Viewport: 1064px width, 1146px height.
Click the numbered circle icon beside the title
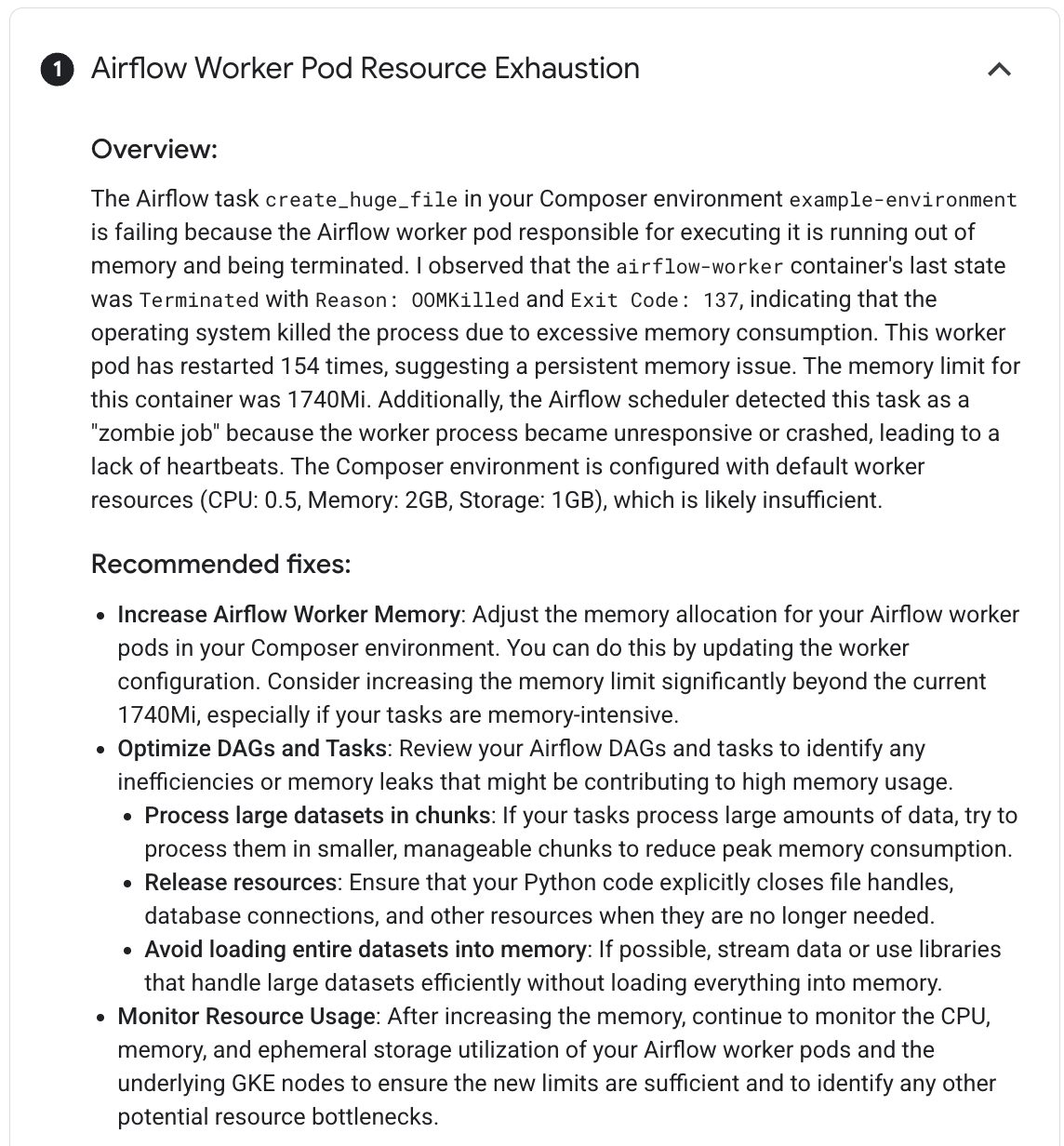[57, 70]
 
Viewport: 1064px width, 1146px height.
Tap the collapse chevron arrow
[999, 69]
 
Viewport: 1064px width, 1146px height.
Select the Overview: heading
[153, 149]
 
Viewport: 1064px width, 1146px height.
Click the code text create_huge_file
[362, 200]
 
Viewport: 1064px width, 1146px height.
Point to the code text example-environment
[903, 200]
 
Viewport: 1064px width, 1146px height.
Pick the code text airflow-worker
[700, 267]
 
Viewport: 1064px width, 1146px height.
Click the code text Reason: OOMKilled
[418, 300]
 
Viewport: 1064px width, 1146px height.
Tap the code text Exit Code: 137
[655, 300]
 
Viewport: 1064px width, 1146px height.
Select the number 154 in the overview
[299, 366]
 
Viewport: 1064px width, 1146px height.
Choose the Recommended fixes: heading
[220, 565]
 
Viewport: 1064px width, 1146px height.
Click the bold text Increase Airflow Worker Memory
[288, 615]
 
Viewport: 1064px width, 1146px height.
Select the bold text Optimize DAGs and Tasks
[251, 749]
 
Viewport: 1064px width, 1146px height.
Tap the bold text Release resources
[240, 883]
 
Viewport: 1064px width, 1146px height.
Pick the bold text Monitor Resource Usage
[246, 1017]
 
